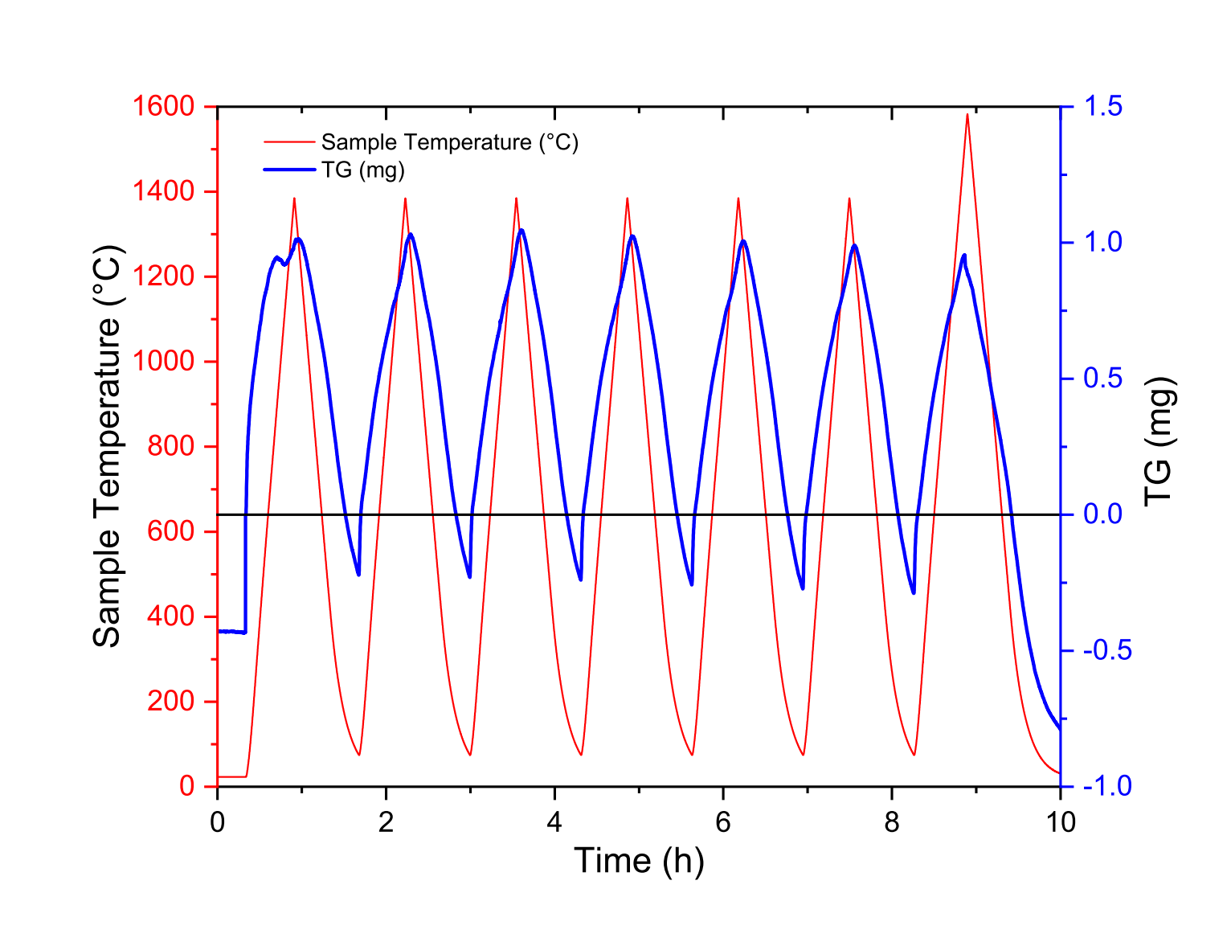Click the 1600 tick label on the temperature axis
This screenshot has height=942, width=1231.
(164, 106)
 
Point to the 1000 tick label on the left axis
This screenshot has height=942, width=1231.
(164, 362)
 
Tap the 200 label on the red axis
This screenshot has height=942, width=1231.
(171, 702)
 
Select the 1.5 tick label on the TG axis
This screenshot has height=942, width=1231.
(1103, 106)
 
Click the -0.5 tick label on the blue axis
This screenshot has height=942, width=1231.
(1107, 650)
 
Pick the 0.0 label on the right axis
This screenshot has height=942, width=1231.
(1103, 514)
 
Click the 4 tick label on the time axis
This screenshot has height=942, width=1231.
(554, 822)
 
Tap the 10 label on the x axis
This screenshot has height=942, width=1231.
(1061, 822)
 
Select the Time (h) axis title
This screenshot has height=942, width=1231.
(639, 861)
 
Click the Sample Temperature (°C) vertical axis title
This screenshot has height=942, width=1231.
(106, 446)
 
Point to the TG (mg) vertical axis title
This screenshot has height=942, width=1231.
(1159, 442)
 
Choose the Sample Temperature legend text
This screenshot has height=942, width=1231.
(449, 142)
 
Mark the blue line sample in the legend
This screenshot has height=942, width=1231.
(288, 170)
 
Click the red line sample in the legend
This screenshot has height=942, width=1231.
(288, 142)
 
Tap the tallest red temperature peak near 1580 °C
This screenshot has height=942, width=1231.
(967, 115)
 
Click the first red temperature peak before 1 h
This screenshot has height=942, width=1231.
(294, 199)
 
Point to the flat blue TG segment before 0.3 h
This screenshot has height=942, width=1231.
(231, 632)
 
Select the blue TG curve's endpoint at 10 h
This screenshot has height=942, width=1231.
(1060, 728)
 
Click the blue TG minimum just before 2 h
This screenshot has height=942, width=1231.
(358, 575)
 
